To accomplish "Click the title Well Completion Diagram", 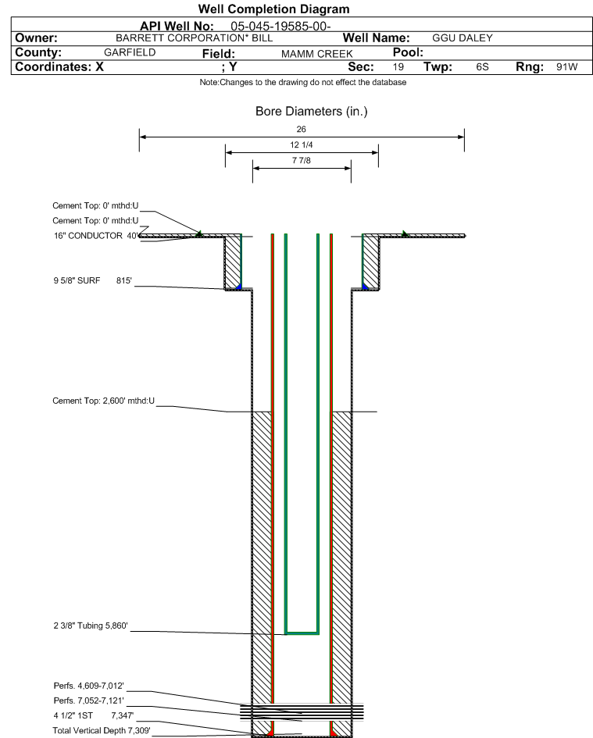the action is tap(273, 9).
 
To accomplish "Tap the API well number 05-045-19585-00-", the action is tap(280, 27).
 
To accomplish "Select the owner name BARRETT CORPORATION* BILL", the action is tap(194, 38).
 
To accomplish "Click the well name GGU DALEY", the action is tap(463, 38).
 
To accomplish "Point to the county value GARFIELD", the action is tap(130, 52).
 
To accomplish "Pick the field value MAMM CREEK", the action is tap(317, 54).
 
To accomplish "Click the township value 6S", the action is tap(482, 67).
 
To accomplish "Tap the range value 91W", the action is tap(566, 67).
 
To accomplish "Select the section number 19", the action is tap(398, 67).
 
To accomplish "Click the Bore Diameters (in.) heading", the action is tap(311, 112).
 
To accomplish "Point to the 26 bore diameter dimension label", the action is tap(302, 129).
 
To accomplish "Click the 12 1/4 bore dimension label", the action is tap(302, 145).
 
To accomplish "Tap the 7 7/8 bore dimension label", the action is tap(302, 161).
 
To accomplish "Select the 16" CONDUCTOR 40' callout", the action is tap(96, 236).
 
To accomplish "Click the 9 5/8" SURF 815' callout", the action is tap(93, 280).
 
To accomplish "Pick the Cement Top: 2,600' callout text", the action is tap(104, 401).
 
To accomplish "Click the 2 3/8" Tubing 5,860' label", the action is tap(91, 626).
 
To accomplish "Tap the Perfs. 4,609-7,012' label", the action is tap(89, 686).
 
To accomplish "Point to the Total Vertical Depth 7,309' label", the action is tap(102, 730).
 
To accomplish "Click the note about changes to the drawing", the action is tap(303, 82).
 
